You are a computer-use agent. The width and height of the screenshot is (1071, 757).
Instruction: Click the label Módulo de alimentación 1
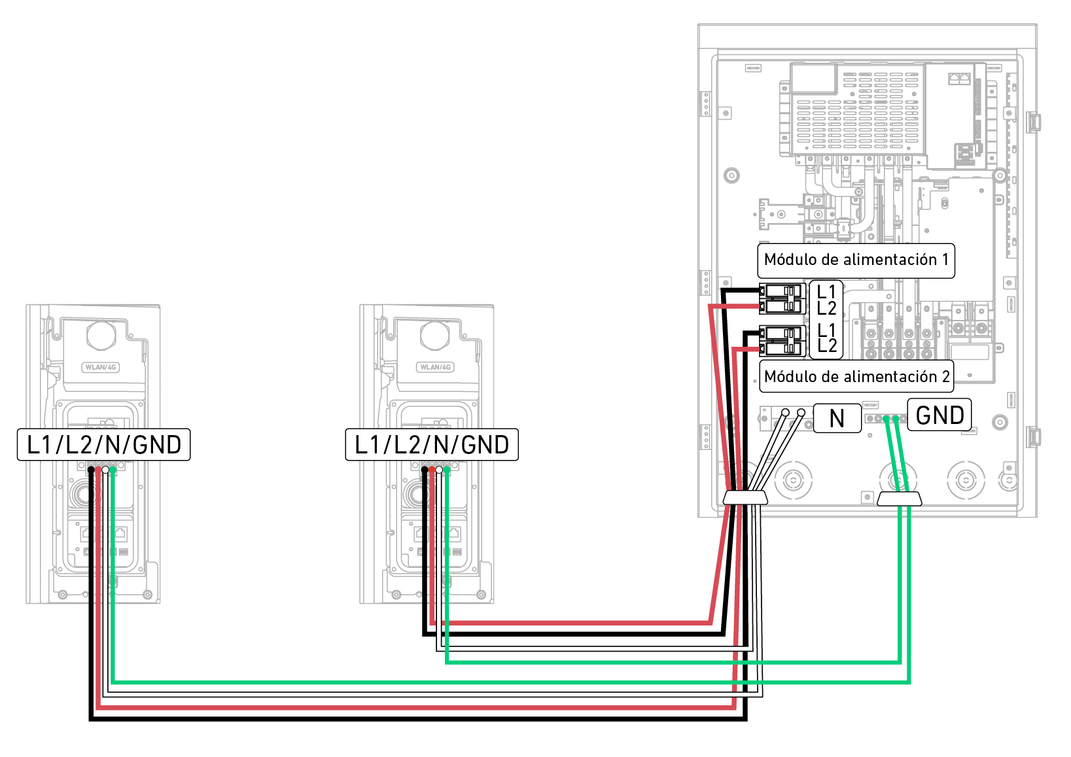click(856, 260)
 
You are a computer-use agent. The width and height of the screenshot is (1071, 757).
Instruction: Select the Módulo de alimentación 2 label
click(856, 377)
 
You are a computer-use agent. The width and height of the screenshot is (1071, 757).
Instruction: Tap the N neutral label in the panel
click(837, 418)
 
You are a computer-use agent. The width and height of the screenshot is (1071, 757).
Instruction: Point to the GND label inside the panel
click(939, 415)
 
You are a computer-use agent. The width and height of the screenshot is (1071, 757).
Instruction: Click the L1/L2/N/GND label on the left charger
click(103, 445)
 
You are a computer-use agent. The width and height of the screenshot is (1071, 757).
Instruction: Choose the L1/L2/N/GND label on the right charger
click(432, 445)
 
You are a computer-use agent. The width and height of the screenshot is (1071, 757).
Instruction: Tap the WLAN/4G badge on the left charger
click(101, 367)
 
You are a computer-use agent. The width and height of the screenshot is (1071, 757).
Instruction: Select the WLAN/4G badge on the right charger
click(435, 367)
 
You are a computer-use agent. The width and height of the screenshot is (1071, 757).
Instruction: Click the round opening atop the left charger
click(101, 335)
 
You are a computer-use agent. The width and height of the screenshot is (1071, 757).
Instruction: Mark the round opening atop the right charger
click(435, 335)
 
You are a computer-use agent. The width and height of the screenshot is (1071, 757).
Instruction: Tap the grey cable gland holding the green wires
click(899, 499)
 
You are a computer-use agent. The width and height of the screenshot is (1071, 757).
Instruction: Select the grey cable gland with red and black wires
click(745, 499)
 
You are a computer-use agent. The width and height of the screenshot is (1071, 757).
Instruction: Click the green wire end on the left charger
click(113, 470)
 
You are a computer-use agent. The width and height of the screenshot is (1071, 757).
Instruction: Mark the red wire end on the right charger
click(431, 470)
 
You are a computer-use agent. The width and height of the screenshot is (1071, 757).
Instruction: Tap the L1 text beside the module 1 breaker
click(827, 291)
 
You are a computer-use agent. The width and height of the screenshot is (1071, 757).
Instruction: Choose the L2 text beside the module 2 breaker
click(827, 346)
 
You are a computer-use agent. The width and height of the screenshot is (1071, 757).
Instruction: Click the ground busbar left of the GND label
click(885, 419)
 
